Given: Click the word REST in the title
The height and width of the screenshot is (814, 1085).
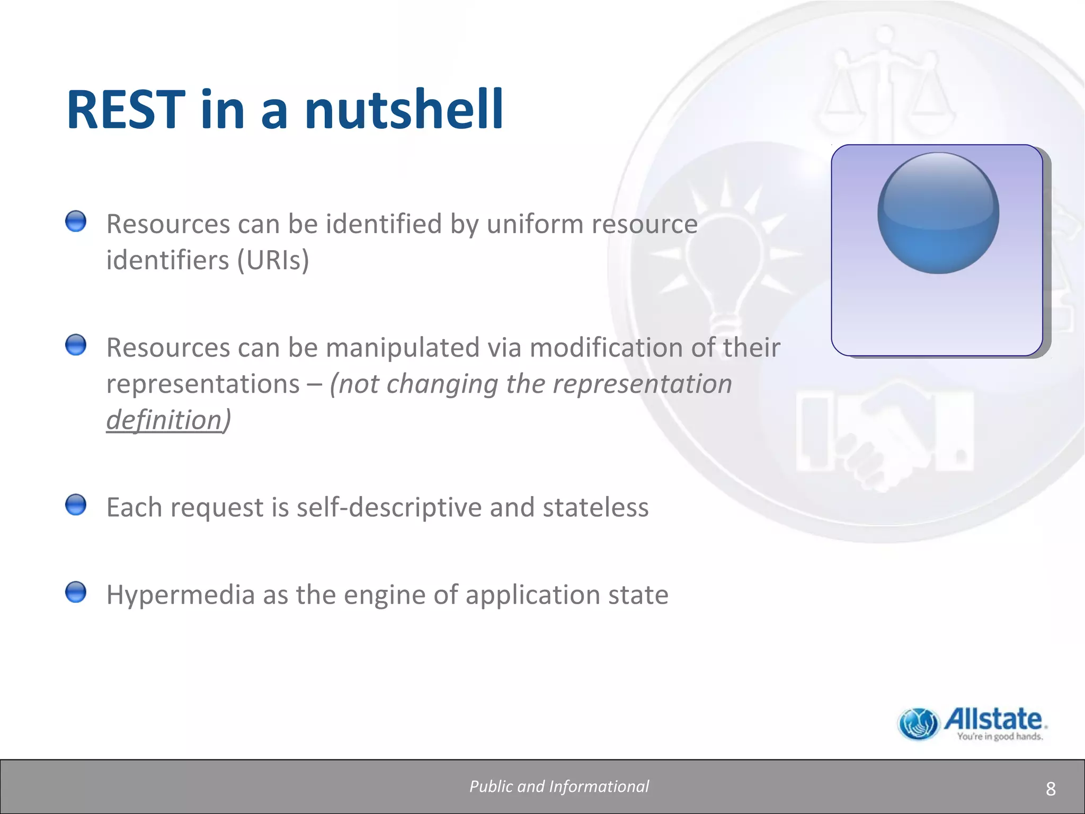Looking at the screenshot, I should click(126, 110).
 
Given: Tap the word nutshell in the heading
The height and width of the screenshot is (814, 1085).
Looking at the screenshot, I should click(404, 110).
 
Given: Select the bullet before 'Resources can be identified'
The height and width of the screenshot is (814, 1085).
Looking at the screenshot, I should click(76, 222).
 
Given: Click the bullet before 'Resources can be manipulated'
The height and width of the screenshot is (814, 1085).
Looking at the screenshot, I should click(76, 345).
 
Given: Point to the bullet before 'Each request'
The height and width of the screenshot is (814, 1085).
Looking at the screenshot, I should click(76, 505).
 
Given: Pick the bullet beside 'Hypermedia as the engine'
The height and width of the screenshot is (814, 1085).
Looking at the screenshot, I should click(76, 592).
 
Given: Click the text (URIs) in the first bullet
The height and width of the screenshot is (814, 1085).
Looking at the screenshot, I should click(273, 260).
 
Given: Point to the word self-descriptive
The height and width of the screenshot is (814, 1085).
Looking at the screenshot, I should click(389, 507).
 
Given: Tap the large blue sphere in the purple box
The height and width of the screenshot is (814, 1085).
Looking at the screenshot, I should click(938, 213).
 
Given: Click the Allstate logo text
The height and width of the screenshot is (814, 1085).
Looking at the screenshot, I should click(993, 720).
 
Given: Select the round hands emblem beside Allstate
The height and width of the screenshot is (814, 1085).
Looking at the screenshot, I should click(918, 724).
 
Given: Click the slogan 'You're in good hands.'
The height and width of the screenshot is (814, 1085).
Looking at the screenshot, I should click(1000, 737).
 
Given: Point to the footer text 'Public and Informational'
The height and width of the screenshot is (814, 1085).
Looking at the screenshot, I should click(559, 786).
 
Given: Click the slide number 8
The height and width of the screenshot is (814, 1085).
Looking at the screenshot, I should click(1051, 789).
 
